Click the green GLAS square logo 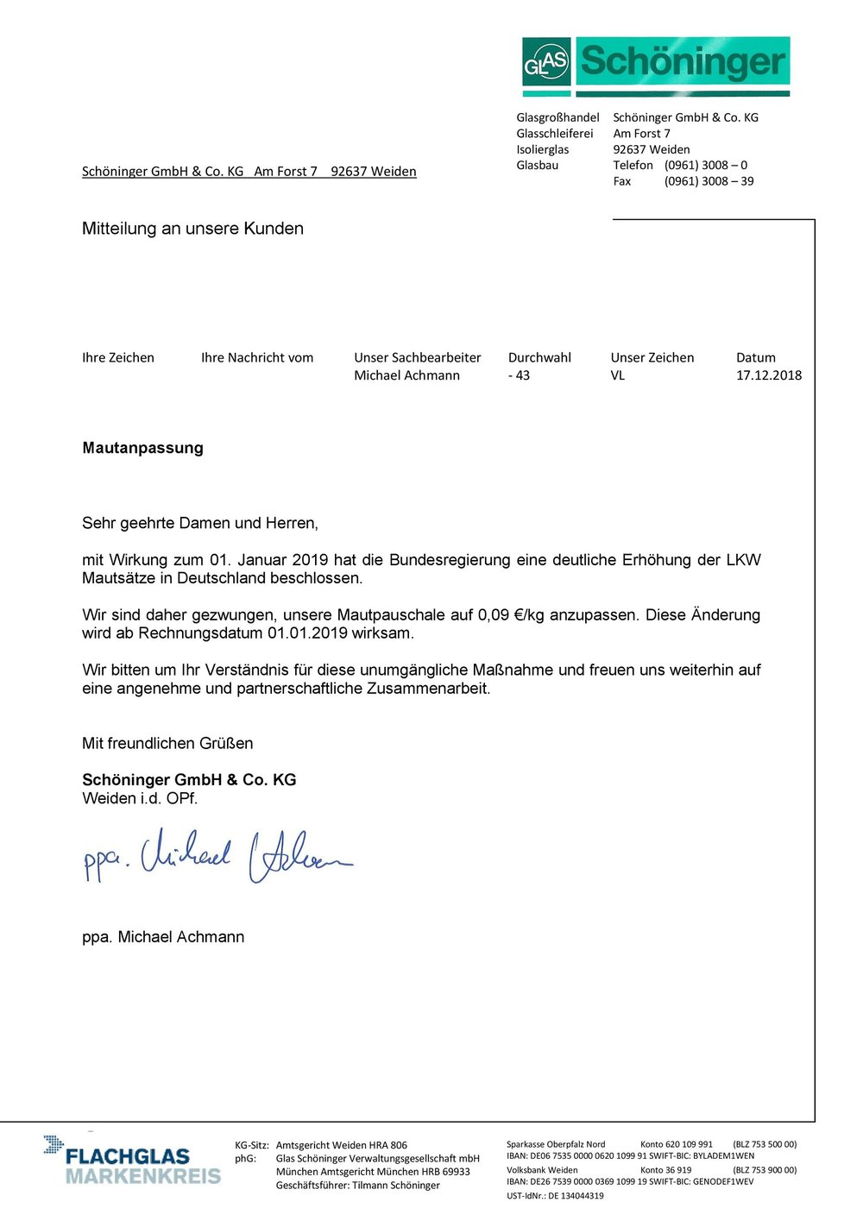(x=546, y=62)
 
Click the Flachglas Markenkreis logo (x=134, y=1161)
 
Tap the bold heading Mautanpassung (x=143, y=448)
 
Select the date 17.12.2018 (x=768, y=375)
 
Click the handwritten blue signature (x=216, y=857)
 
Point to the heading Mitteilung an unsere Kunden (x=192, y=229)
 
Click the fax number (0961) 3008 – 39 (x=709, y=181)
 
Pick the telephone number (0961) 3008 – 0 (x=705, y=165)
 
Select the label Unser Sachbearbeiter (x=417, y=357)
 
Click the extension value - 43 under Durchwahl (x=519, y=375)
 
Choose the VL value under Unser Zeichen (x=618, y=375)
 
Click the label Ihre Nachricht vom (x=257, y=357)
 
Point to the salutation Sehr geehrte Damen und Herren (x=200, y=523)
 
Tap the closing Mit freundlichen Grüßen (x=167, y=743)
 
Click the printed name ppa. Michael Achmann (x=163, y=937)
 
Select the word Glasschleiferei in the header (x=555, y=134)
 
